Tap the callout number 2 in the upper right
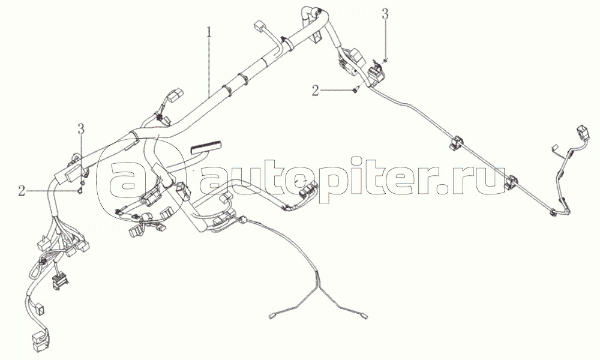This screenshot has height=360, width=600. click(x=315, y=91)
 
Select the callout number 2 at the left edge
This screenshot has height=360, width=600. click(x=22, y=191)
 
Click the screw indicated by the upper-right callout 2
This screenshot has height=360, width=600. click(x=355, y=90)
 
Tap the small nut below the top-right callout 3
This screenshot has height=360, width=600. click(x=386, y=59)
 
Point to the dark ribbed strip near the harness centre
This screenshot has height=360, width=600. click(x=205, y=146)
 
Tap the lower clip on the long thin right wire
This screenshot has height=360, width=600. click(x=512, y=182)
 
